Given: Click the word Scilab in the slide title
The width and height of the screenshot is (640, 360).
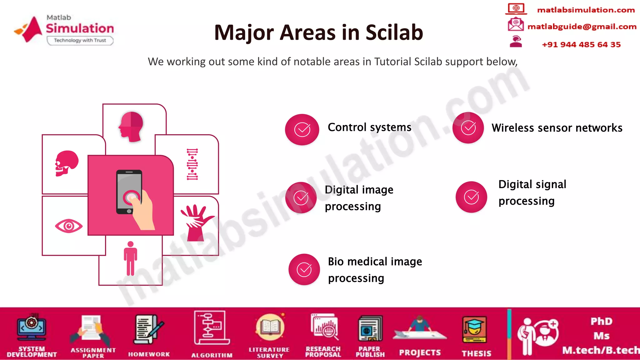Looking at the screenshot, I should click(x=394, y=32).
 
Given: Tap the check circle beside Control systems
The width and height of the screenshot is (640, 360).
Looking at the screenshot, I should click(x=302, y=129).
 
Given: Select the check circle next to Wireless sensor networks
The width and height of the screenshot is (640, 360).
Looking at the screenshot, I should click(x=468, y=128).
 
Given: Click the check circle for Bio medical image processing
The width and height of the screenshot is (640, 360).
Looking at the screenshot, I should click(x=304, y=269).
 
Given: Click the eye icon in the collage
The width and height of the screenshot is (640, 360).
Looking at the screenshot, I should click(x=69, y=226).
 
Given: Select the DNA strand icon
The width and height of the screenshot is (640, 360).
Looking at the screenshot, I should click(x=192, y=164).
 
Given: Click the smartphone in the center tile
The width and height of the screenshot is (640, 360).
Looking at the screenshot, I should click(x=129, y=191).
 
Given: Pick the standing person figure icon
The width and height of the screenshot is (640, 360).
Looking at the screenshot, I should click(x=130, y=258).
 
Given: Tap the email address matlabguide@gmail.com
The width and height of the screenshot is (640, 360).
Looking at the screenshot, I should click(x=582, y=27).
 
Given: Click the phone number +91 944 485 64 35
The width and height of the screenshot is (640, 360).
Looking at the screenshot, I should click(x=581, y=45).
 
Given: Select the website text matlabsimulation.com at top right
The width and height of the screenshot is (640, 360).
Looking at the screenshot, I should click(x=586, y=10).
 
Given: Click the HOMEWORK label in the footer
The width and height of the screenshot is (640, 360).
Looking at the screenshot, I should click(x=149, y=354).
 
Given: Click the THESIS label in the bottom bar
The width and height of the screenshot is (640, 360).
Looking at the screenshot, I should click(x=476, y=353).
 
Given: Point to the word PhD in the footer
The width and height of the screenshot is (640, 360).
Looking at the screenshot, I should click(x=601, y=322).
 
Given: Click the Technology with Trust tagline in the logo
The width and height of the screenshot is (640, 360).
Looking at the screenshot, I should click(x=80, y=40).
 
